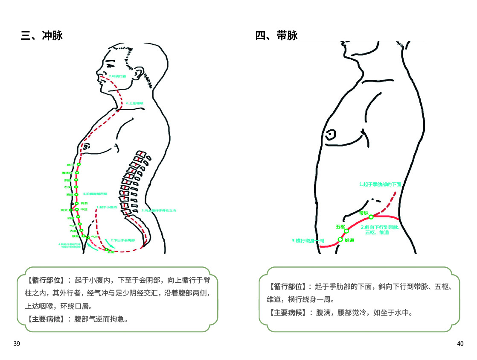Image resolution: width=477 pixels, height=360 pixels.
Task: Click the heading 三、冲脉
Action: (x=42, y=35)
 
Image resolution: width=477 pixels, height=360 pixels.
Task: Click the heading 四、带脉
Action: (x=276, y=35)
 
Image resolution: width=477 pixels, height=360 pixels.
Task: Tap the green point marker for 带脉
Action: (x=371, y=217)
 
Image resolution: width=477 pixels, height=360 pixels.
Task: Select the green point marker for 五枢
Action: (x=346, y=231)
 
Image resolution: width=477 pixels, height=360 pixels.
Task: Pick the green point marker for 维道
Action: (x=340, y=240)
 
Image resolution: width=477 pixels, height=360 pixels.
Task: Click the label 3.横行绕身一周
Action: (x=308, y=241)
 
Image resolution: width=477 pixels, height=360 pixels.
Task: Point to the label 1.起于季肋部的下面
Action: (x=380, y=184)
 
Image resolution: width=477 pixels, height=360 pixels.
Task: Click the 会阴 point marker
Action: (x=107, y=249)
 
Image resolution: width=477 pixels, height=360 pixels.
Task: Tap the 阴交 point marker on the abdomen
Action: (x=71, y=210)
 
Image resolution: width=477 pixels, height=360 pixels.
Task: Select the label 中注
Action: (x=84, y=209)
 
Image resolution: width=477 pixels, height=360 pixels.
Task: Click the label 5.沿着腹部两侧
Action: (x=95, y=193)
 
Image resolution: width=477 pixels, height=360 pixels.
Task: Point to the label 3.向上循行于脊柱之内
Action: (x=159, y=211)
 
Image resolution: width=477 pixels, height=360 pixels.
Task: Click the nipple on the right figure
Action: (x=330, y=135)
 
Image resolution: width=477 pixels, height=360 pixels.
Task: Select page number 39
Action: (x=17, y=344)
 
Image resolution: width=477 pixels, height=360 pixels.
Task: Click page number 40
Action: (x=460, y=344)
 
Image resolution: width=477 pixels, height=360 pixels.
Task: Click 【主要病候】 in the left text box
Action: (x=46, y=319)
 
